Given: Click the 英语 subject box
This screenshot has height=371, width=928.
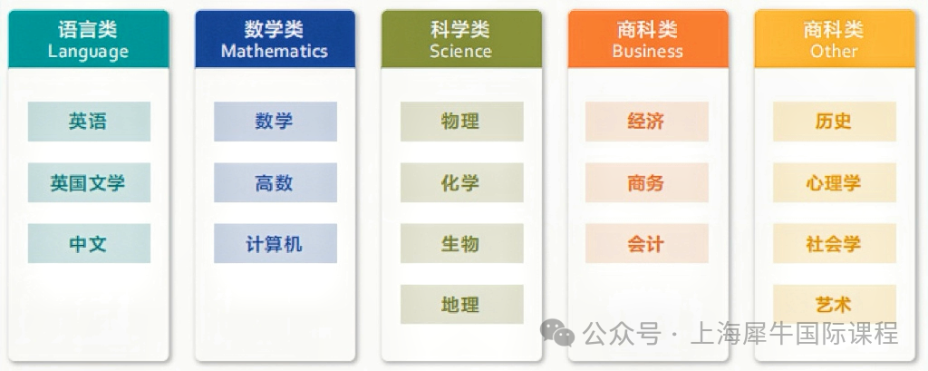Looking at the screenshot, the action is [x=89, y=122].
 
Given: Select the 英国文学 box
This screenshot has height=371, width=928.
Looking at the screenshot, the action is [x=89, y=182].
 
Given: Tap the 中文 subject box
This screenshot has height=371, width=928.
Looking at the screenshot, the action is [x=89, y=244].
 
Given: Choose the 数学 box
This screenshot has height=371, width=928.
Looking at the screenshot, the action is [x=275, y=122].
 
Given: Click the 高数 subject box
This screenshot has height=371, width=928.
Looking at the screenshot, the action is [x=275, y=182].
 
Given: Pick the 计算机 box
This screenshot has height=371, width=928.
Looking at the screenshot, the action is [x=275, y=244].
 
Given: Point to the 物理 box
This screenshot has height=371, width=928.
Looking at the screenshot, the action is [x=461, y=122].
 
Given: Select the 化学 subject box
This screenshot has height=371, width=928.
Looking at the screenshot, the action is [x=461, y=182].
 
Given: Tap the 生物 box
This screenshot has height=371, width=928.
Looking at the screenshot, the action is [x=461, y=244].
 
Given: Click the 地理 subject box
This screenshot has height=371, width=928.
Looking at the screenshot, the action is [x=461, y=305].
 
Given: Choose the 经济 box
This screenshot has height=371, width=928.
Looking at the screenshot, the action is [x=647, y=122].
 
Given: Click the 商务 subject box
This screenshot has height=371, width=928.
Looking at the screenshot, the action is [x=647, y=182].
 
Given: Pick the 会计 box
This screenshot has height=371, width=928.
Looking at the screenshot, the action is [x=647, y=244].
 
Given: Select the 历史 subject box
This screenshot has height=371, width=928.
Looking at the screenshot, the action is [x=835, y=122].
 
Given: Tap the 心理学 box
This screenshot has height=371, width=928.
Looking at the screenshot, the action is [x=835, y=182].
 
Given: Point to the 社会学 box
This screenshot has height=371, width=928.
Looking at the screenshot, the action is [x=835, y=244].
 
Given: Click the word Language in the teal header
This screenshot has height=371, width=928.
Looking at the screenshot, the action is [x=88, y=52].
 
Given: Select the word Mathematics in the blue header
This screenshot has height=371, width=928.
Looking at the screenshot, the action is [x=275, y=51].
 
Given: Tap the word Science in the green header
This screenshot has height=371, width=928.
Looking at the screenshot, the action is [x=461, y=51].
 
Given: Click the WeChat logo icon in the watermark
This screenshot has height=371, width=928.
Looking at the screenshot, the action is [x=557, y=333].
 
